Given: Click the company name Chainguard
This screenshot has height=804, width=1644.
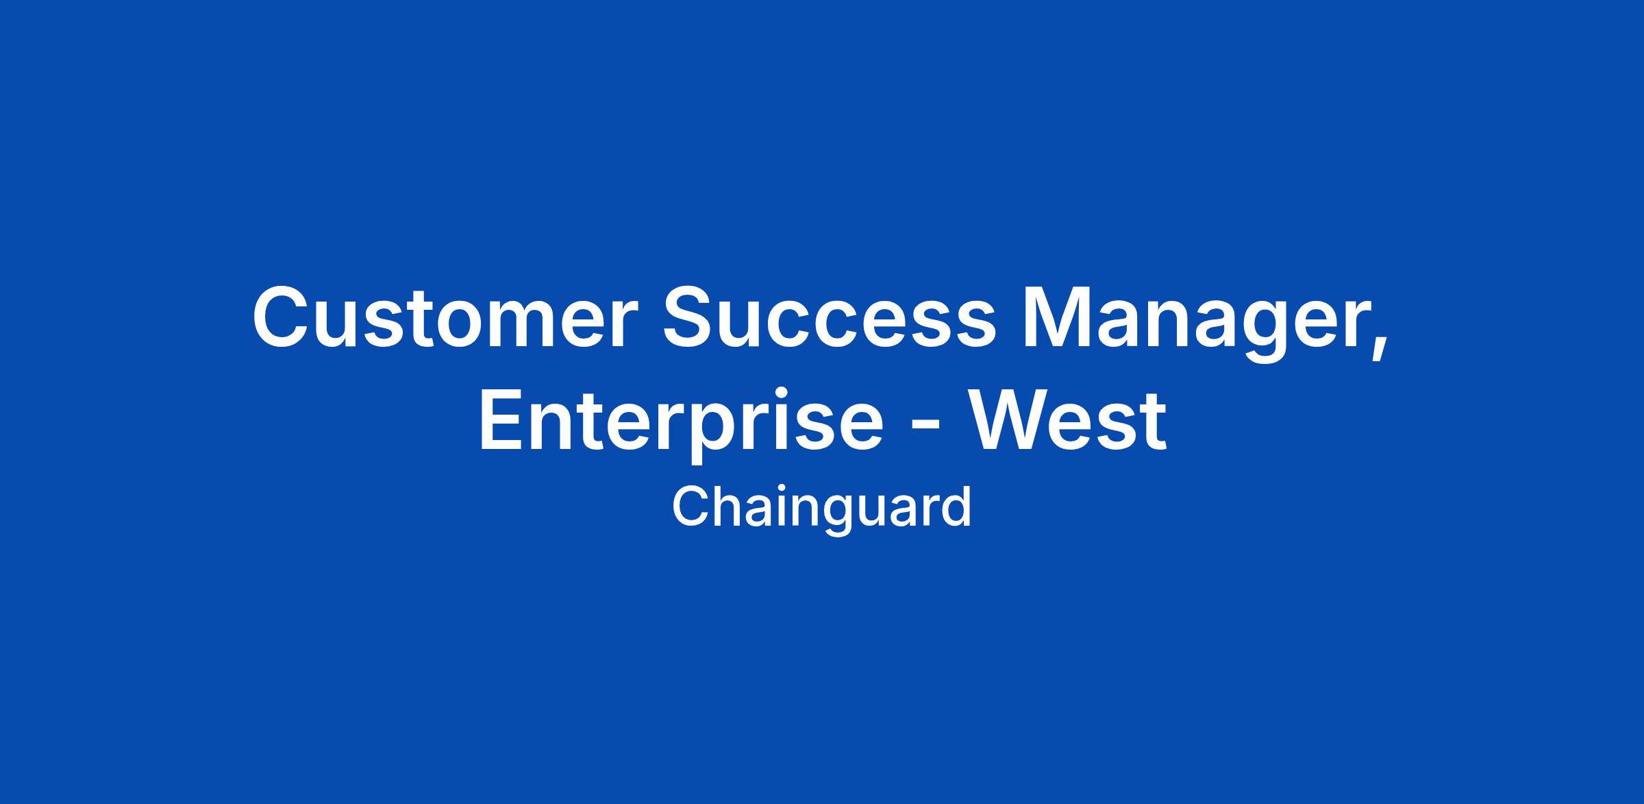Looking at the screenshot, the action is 821,509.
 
